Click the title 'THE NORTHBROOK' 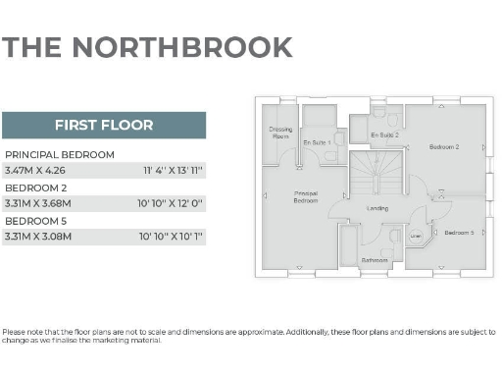click(x=147, y=47)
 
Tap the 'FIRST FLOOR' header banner click(x=103, y=125)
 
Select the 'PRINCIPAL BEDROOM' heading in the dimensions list click(x=60, y=155)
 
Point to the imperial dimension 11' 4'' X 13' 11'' click(x=173, y=171)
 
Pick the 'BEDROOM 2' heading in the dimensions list click(x=36, y=188)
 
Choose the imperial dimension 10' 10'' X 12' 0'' click(x=171, y=203)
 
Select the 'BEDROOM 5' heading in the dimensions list click(x=36, y=220)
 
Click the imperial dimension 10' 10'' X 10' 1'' click(x=171, y=236)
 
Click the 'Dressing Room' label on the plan click(x=280, y=133)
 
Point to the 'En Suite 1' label click(x=317, y=143)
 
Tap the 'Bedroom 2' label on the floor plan click(x=444, y=146)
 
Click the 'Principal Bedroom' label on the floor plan click(x=306, y=196)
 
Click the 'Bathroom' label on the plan click(x=374, y=260)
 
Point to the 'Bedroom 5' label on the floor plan click(x=459, y=233)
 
